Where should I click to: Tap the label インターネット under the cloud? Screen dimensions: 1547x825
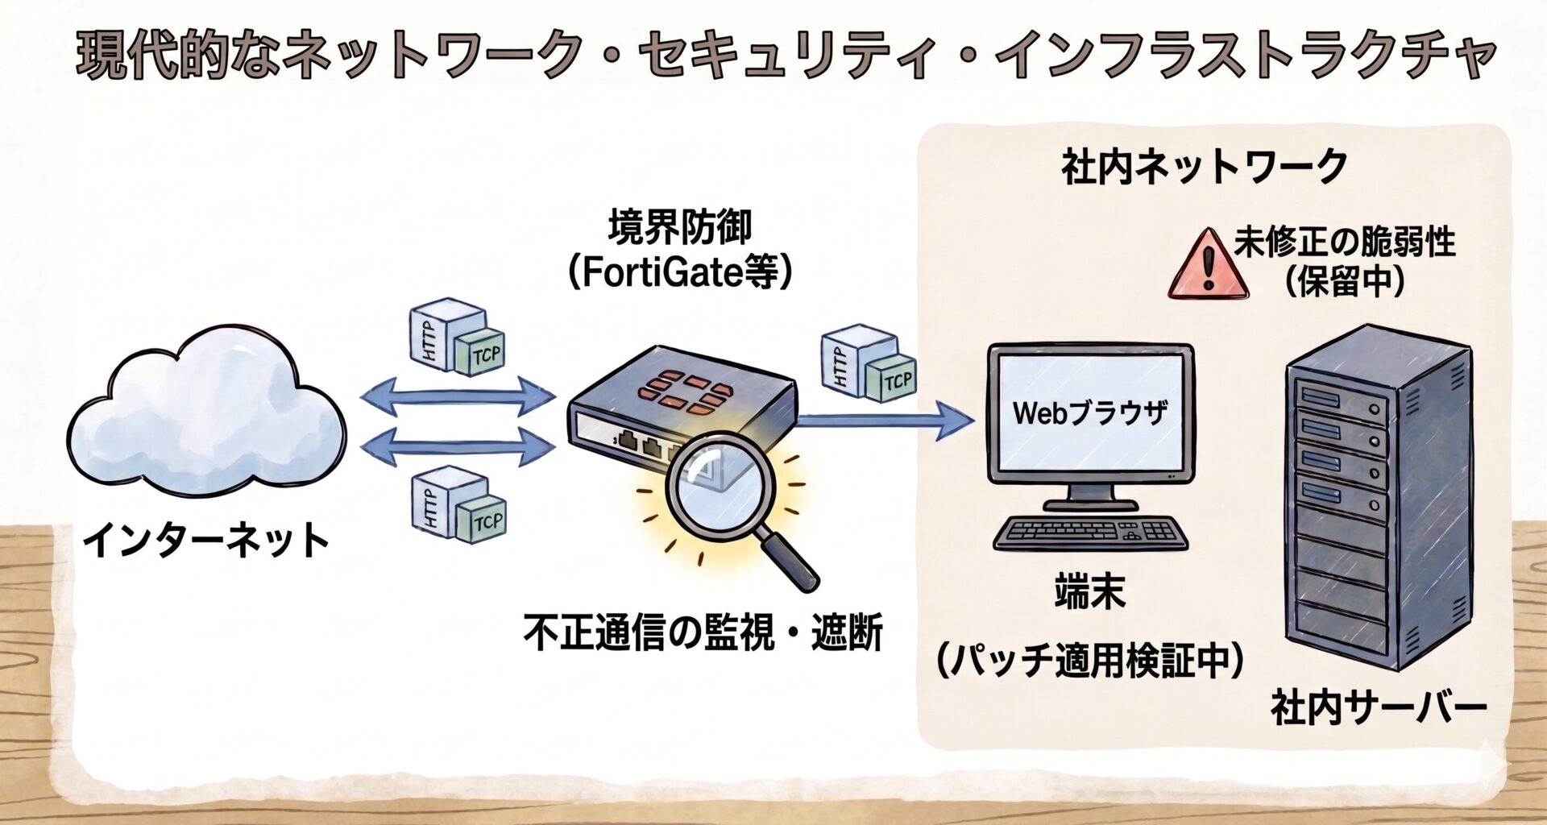pyautogui.click(x=206, y=540)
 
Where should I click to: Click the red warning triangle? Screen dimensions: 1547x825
pyautogui.click(x=1208, y=264)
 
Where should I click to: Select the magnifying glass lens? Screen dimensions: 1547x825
pyautogui.click(x=720, y=483)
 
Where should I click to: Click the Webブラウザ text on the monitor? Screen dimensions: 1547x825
pyautogui.click(x=1090, y=413)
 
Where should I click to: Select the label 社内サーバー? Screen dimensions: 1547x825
pyautogui.click(x=1379, y=708)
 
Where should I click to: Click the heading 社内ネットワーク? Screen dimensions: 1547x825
pyautogui.click(x=1205, y=167)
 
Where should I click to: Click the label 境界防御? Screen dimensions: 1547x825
pyautogui.click(x=680, y=227)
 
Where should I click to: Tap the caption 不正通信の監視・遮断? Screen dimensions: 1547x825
pyautogui.click(x=703, y=632)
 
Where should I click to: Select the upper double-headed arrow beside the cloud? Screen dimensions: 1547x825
pyautogui.click(x=458, y=396)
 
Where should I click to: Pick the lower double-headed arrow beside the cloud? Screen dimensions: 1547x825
pyautogui.click(x=458, y=446)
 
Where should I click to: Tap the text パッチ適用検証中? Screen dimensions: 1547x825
pyautogui.click(x=1090, y=661)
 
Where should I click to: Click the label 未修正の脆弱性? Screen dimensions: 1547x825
pyautogui.click(x=1345, y=242)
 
